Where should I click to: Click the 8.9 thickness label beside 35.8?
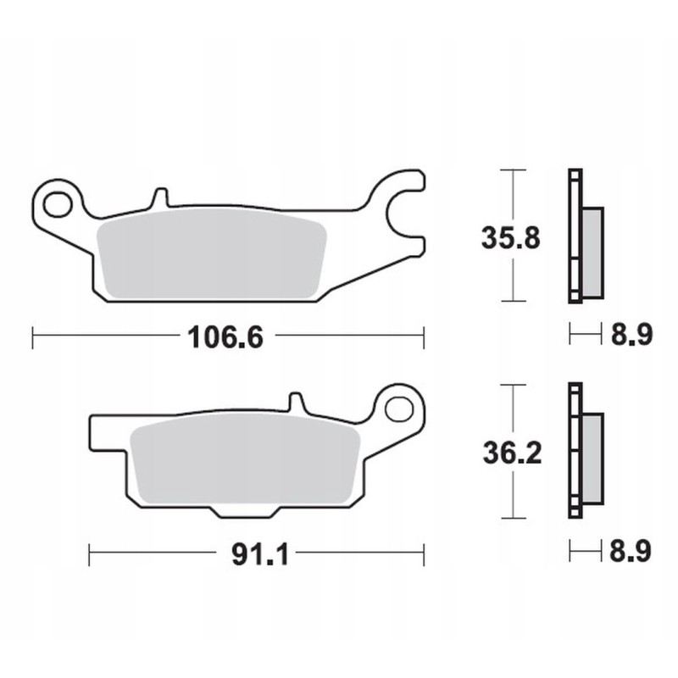[631, 336]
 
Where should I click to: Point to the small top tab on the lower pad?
[296, 403]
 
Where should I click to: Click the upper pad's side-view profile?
[583, 237]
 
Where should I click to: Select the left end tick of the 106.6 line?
[32, 339]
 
